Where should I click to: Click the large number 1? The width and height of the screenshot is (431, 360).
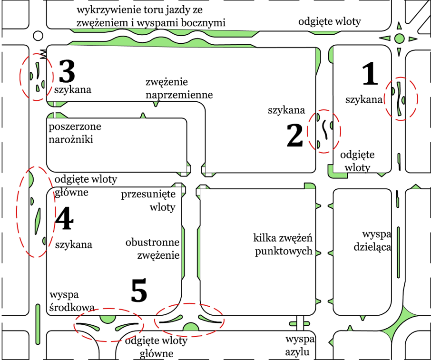[x=370, y=75]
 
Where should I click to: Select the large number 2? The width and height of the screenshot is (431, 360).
[x=295, y=135]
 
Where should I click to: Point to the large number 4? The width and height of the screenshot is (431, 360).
[x=65, y=220]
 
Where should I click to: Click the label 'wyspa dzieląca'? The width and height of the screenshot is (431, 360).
[x=376, y=241]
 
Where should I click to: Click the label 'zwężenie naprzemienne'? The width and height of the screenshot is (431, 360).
[x=179, y=88]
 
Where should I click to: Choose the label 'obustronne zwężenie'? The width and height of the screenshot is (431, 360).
[x=152, y=249]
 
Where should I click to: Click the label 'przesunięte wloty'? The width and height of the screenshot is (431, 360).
[x=148, y=201]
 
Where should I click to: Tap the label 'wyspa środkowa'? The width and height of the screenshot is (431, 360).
[x=71, y=301]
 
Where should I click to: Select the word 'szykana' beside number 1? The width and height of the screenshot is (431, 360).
[x=364, y=99]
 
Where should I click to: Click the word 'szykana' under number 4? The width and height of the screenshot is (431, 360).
[x=73, y=245]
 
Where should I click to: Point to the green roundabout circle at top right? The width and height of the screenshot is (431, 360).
[x=400, y=38]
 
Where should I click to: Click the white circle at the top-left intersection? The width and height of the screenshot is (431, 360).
[x=38, y=36]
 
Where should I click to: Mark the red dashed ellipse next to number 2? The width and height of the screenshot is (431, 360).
[x=325, y=131]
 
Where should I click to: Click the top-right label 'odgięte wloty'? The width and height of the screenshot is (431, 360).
[x=330, y=21]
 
